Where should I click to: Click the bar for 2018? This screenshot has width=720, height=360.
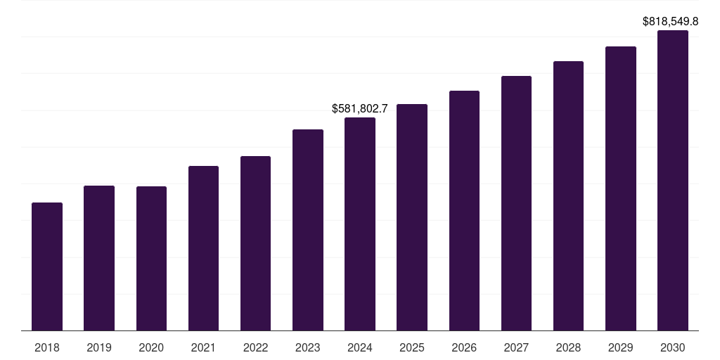[x=47, y=266]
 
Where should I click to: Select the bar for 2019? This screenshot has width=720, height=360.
[x=99, y=258]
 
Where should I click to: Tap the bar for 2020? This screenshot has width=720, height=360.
[x=151, y=259]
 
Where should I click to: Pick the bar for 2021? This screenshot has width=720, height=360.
[x=203, y=248]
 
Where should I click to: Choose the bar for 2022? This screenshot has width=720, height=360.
[x=255, y=243]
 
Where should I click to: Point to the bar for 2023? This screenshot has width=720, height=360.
[x=308, y=230]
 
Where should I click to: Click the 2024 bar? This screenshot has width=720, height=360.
[x=360, y=224]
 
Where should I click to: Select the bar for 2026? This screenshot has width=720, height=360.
[x=464, y=211]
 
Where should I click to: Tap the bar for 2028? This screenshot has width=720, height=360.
[x=568, y=196]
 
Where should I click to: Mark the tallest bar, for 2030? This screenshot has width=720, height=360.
[x=672, y=181]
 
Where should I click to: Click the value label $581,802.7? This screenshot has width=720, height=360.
[x=360, y=109]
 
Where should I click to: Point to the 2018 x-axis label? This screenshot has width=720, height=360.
[x=47, y=347]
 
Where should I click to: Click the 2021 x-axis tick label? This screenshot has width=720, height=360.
[x=203, y=347]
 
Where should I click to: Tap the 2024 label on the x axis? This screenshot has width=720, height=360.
[x=360, y=347]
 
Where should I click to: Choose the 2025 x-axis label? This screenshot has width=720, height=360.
[x=412, y=347]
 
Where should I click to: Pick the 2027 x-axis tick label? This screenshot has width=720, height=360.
[x=516, y=347]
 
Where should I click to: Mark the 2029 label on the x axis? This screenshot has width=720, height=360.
[x=620, y=347]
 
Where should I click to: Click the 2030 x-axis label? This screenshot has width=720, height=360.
[x=672, y=347]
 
